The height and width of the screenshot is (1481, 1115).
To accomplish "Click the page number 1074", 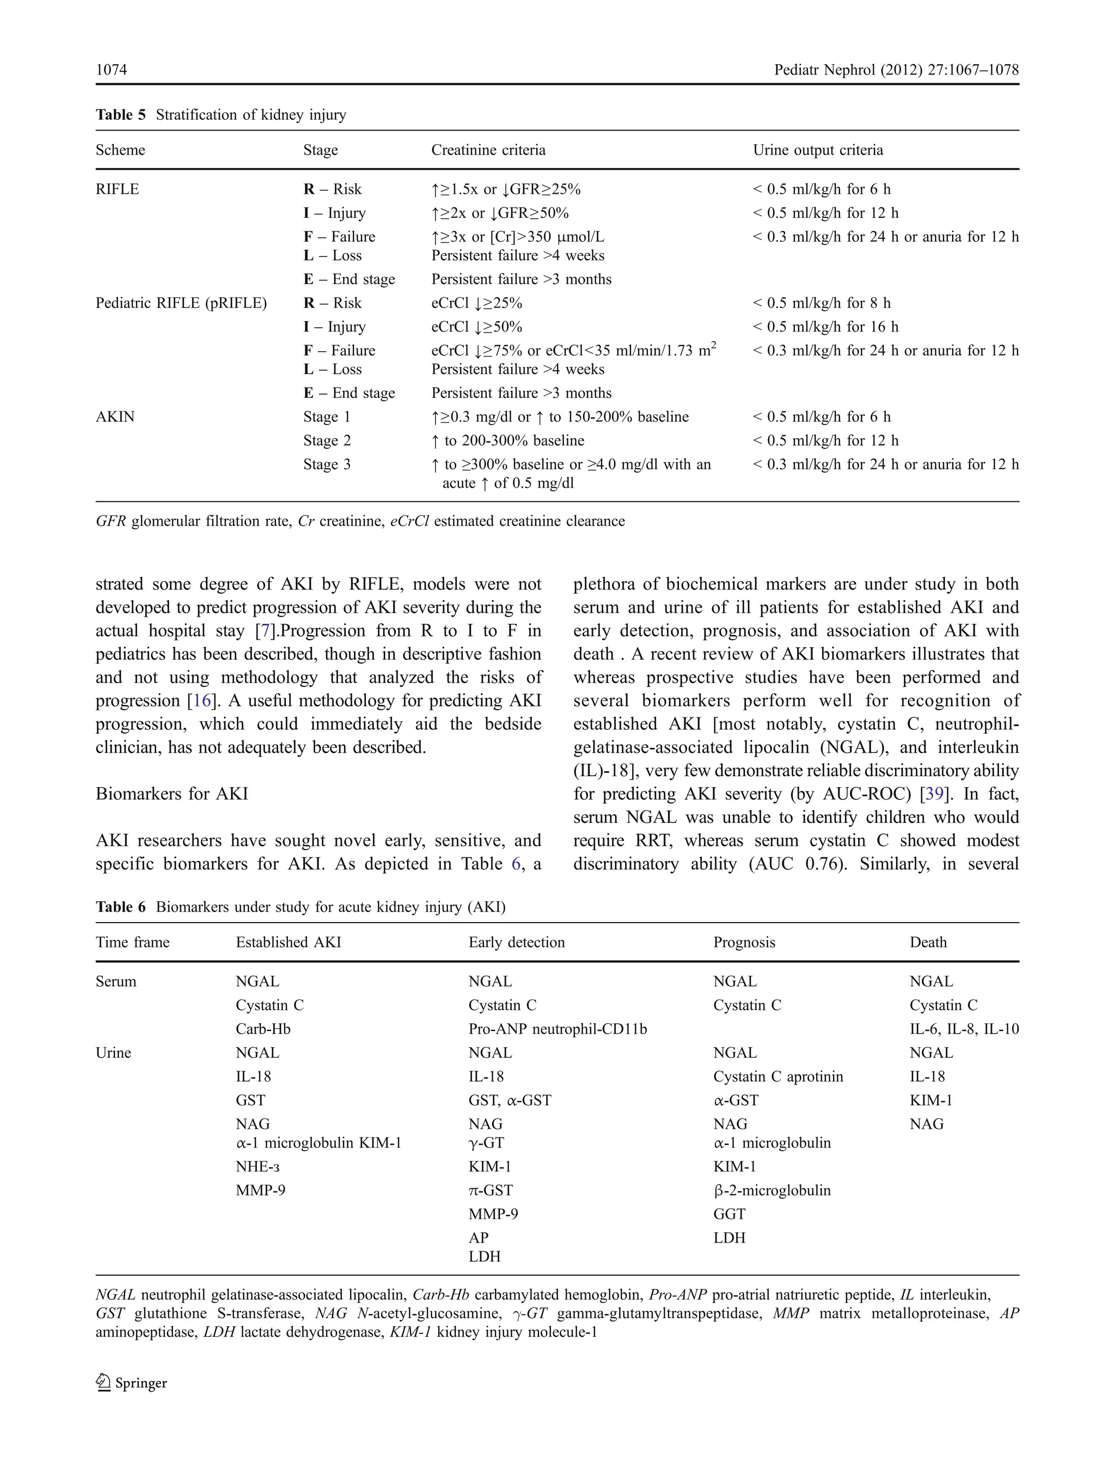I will coord(111,70).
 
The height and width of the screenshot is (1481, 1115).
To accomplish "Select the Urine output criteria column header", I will coord(817,150).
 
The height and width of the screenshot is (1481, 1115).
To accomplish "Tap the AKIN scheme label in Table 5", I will coord(115,416).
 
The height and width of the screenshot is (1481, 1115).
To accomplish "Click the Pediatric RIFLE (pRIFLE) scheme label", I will coord(181,303).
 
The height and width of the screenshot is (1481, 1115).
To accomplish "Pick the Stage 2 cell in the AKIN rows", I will coord(327,440).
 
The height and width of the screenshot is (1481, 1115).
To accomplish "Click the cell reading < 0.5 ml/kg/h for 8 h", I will coord(822,303).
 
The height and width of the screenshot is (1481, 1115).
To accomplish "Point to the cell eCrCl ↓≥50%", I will coord(476,327).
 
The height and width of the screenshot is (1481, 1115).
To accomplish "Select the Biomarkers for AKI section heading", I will coord(171,794).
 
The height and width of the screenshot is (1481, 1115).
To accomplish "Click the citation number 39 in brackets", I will coord(934,794).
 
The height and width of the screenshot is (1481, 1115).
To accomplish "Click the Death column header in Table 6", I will coord(928,942).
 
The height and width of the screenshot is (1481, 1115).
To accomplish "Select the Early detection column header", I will coord(516,942).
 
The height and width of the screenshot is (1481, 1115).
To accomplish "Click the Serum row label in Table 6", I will coord(116,981).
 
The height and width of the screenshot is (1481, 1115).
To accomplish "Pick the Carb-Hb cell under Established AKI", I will coord(262,1029).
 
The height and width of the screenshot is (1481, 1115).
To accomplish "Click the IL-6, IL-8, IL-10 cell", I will coord(964,1029).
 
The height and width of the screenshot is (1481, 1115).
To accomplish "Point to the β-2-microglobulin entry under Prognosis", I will coord(771,1190).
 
